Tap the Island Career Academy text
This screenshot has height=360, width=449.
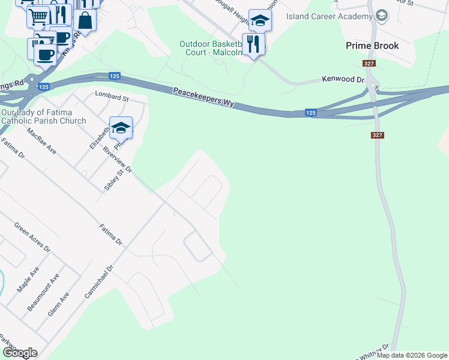[x=325, y=16]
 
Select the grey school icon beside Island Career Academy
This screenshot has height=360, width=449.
[x=381, y=16]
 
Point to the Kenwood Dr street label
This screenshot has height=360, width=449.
[x=343, y=79]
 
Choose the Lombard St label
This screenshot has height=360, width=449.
[x=112, y=97]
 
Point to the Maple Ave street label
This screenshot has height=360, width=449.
[x=28, y=280]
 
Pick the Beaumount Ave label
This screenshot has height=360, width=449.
[x=43, y=292]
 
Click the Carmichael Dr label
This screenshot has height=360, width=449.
[x=99, y=282]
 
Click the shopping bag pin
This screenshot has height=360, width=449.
[x=86, y=20]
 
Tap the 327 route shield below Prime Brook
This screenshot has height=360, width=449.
[x=369, y=64]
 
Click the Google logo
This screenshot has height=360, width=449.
[x=19, y=353]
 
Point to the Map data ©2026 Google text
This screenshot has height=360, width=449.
[x=412, y=355]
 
